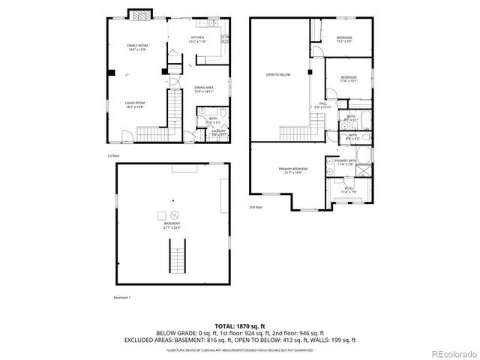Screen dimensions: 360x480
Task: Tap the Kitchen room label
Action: (197, 39)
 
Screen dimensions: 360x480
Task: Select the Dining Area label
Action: (204, 89)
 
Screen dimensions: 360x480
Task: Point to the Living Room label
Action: (134, 104)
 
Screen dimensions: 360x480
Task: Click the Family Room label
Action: (138, 47)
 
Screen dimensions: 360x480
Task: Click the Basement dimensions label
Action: (172, 225)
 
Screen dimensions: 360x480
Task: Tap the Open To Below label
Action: (278, 75)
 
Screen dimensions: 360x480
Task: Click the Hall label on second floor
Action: (323, 105)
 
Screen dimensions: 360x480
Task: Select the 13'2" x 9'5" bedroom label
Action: (344, 39)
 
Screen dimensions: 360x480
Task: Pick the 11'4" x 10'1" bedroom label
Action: (349, 79)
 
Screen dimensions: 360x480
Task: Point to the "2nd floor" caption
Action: (256, 207)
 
